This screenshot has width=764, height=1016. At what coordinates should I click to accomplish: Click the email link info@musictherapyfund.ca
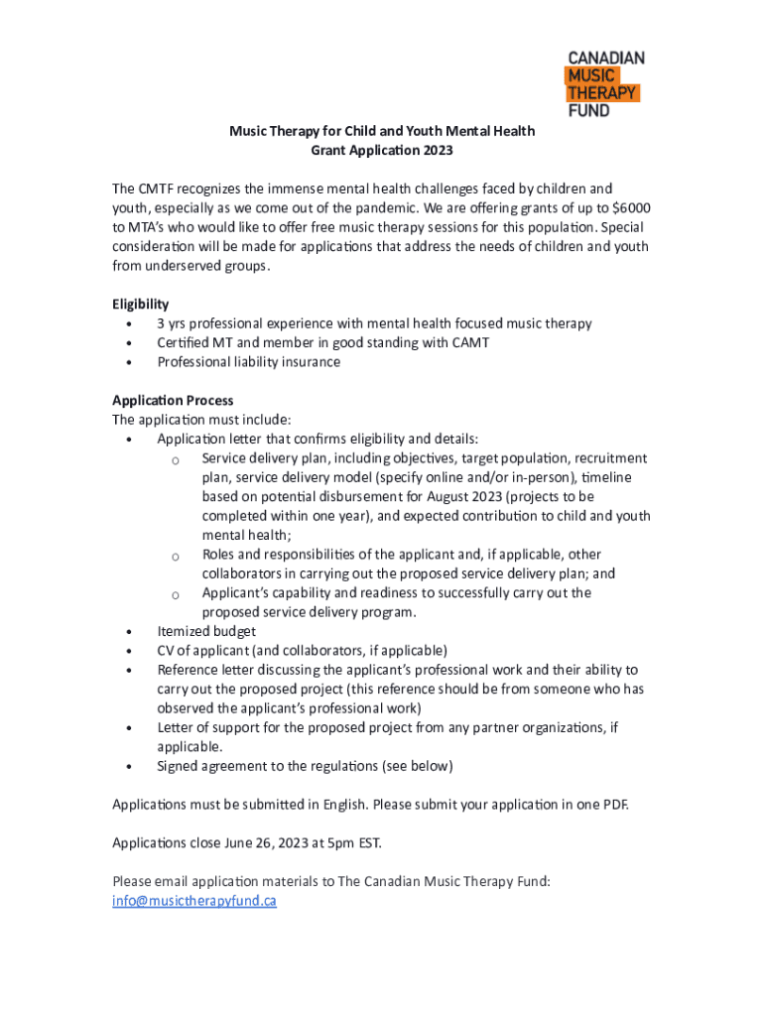194,901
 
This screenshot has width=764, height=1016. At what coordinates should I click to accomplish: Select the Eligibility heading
140,304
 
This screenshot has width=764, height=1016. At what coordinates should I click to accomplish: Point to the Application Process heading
173,400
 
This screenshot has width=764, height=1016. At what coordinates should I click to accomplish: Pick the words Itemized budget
206,631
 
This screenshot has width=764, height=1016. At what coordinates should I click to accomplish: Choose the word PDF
614,804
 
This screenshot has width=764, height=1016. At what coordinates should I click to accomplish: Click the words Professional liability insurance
248,362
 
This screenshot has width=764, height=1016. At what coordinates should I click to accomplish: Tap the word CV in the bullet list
166,650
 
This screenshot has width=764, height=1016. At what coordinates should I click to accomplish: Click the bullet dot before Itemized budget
129,632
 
